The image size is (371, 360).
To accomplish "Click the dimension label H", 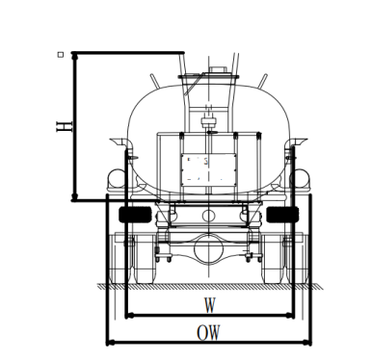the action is pos(65,126).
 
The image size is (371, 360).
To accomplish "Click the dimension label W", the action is pos(210,305).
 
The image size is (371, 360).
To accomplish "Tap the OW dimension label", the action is pos(209,333).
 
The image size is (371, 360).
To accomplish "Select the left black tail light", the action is pos(135,215).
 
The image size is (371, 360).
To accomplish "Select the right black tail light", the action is pos(282,215).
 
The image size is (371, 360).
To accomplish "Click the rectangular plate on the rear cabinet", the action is pos(209,169).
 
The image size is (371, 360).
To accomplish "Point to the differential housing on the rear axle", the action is pos(208,248).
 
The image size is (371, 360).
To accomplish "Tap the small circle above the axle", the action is pos(209,215).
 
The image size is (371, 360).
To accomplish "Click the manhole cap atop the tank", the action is pos(218,69).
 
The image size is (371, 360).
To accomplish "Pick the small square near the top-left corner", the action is pos(61,55).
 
